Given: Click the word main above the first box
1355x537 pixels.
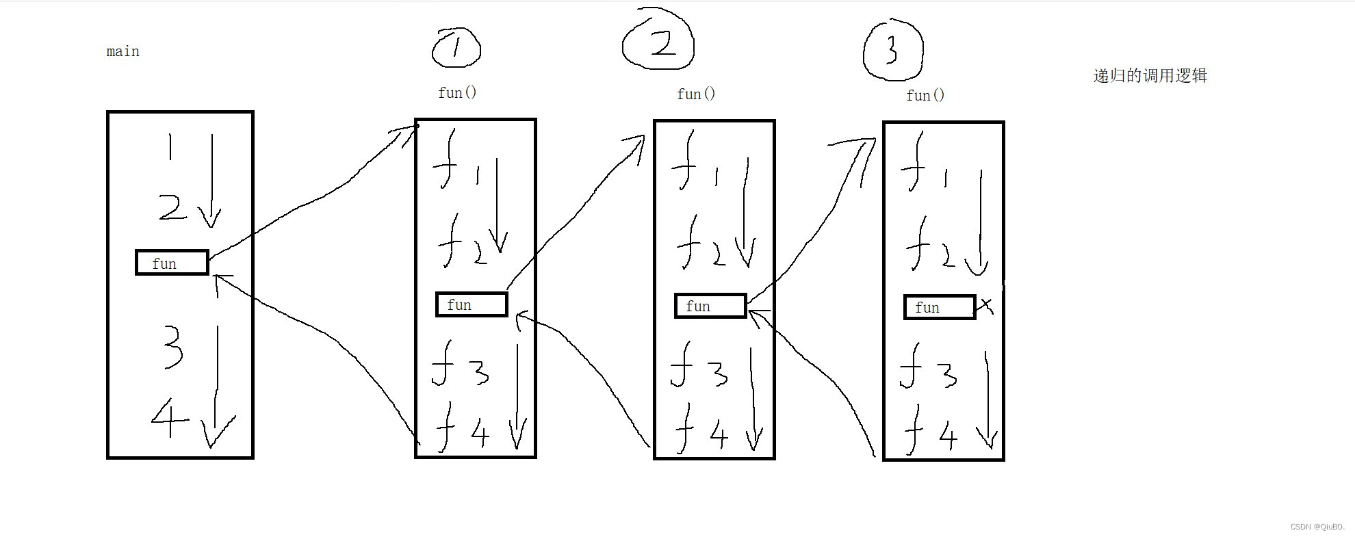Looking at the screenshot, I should click(123, 52).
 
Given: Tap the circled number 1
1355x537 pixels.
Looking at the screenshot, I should click(456, 48).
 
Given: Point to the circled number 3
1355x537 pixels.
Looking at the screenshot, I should click(892, 49).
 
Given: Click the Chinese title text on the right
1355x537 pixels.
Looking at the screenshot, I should click(1150, 76).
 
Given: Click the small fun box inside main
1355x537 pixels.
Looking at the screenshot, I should click(172, 263).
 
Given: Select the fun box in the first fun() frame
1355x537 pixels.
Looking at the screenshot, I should click(472, 304).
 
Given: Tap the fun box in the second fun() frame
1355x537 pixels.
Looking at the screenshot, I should click(710, 306).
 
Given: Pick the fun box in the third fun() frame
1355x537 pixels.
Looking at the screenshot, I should click(940, 307).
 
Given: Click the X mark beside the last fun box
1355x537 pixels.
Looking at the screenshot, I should click(985, 305).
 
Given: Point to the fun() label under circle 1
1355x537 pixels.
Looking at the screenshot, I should click(457, 92).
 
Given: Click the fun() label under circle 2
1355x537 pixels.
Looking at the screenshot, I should click(696, 94).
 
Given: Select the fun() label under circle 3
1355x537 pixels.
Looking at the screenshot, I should click(925, 95).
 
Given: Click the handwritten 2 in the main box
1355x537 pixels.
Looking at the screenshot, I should click(172, 207).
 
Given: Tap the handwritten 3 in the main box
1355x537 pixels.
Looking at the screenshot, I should click(173, 347).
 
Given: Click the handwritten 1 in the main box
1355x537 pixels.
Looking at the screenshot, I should click(170, 146).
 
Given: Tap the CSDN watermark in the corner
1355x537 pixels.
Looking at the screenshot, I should click(1317, 527).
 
